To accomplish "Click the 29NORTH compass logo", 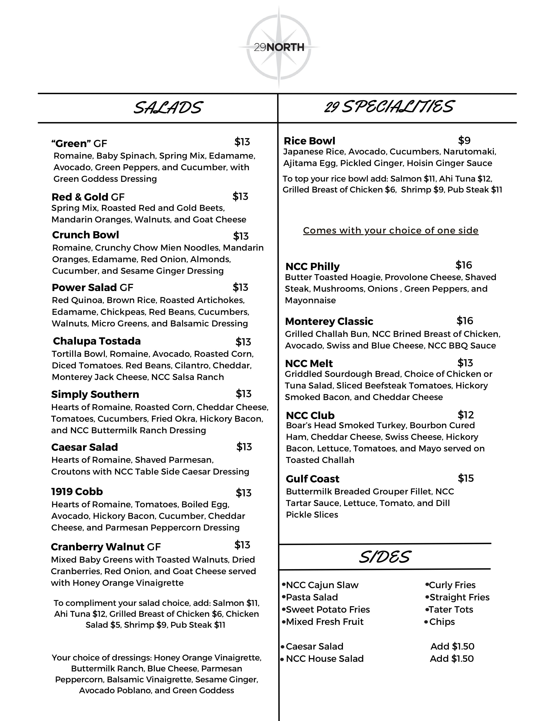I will (x=279, y=47).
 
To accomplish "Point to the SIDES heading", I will (x=384, y=557).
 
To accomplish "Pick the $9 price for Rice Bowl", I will (x=464, y=141).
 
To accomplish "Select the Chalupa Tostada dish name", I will (x=97, y=341).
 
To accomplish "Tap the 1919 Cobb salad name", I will (x=77, y=492).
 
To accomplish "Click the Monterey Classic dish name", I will (x=329, y=321).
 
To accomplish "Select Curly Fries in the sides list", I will (x=452, y=585).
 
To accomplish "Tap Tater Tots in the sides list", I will (x=451, y=609).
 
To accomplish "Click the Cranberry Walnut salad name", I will (x=98, y=547).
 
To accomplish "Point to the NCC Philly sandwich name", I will (x=312, y=266).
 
